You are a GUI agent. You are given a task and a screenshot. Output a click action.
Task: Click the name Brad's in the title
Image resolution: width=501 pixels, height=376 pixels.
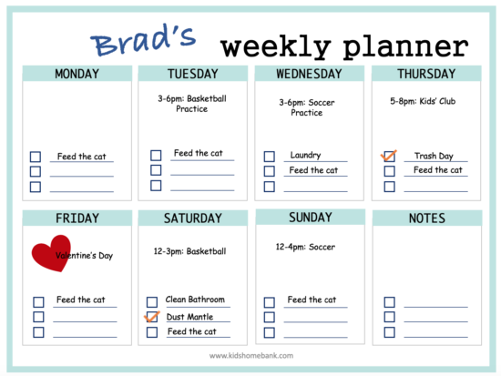point(144,41)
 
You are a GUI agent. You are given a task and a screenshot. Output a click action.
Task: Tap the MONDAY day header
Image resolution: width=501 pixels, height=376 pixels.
point(77,74)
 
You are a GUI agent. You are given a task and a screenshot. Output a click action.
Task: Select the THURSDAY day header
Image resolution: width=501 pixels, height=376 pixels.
point(426,74)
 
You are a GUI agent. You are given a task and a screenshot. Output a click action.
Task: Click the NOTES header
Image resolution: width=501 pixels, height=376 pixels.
point(427,218)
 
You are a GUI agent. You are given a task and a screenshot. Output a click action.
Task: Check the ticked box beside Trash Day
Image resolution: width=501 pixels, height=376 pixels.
point(389,157)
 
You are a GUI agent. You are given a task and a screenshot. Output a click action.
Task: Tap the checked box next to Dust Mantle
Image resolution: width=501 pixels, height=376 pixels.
point(152,317)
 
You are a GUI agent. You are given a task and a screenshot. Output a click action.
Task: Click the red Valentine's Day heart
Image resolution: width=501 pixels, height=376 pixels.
point(51,253)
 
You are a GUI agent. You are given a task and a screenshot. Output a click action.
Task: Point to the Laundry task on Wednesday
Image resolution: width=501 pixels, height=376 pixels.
point(305,155)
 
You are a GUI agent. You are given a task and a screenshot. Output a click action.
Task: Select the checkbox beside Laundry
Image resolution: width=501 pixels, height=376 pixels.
point(270,157)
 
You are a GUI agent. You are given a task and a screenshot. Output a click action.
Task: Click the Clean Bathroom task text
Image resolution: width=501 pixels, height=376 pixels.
point(195,300)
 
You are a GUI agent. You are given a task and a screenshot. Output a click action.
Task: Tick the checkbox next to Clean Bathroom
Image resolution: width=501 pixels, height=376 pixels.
point(152,302)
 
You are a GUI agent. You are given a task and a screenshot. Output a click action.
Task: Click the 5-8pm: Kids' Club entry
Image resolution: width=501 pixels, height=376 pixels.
point(423,101)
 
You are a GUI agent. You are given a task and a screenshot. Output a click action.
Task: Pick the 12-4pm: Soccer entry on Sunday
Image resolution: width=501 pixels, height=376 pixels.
point(305,247)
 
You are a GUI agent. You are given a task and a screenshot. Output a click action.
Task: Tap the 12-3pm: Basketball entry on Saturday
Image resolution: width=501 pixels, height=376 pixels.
point(189,251)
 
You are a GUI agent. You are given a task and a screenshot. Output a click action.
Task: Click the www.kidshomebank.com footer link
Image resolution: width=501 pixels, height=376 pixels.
point(251,356)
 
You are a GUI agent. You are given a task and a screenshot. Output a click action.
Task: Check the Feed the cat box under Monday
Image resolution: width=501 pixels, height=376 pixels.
point(36,157)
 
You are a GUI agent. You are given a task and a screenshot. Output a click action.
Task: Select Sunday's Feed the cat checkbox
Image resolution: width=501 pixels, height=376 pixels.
point(270,302)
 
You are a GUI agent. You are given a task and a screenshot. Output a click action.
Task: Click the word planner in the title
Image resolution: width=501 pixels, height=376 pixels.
point(405,47)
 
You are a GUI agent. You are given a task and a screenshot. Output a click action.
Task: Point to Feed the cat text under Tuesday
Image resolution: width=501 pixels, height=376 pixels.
point(198,153)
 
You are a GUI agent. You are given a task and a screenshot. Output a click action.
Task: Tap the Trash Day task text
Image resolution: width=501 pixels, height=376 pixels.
point(434,156)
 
